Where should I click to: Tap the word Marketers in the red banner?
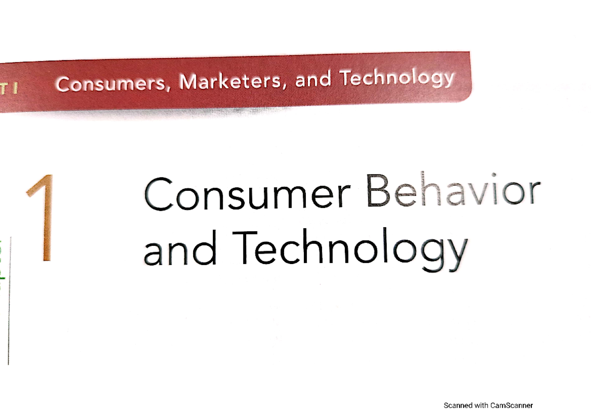click(231, 81)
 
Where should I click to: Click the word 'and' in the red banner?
click(314, 80)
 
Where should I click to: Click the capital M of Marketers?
click(189, 82)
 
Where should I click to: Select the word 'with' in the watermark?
click(481, 406)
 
